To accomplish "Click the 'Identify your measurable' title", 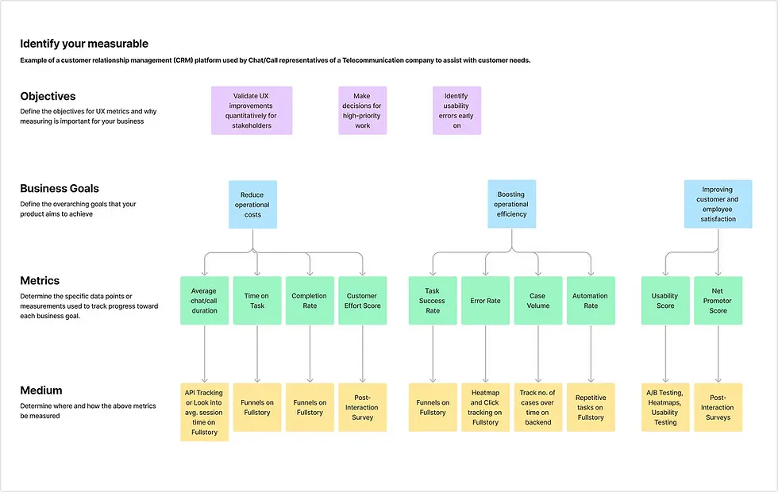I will [x=84, y=44].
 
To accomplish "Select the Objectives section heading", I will [x=48, y=96].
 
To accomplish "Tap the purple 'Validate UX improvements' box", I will [x=252, y=110].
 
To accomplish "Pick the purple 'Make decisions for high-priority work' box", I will [x=362, y=110].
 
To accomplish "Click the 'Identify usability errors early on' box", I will [x=456, y=110].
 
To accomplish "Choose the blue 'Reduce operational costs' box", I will [x=252, y=205].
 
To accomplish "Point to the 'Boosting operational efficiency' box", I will [x=511, y=205].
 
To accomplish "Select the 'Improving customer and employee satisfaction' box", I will [x=718, y=205].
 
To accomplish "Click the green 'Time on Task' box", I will [x=256, y=301].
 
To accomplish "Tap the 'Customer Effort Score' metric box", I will [x=362, y=301].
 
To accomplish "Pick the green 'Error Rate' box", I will [x=485, y=301].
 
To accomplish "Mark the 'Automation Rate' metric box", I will [x=590, y=301].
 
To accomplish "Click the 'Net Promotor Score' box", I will [x=718, y=301].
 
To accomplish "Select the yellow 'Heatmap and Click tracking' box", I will [x=485, y=408].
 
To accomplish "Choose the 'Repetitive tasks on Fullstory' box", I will [x=590, y=408].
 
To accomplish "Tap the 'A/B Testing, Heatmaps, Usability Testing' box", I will [x=665, y=408].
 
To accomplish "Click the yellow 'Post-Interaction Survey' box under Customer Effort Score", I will [x=362, y=408].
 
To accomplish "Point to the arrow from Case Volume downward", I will [x=538, y=353].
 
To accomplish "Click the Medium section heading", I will [x=41, y=390].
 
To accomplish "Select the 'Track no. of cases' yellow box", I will [x=538, y=408].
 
